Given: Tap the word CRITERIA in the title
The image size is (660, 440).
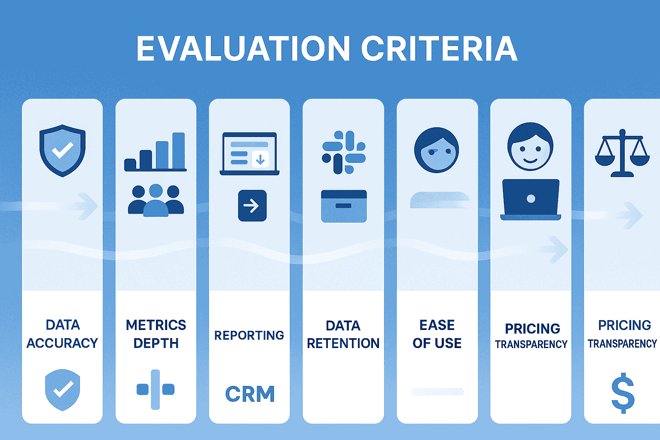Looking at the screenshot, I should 439,49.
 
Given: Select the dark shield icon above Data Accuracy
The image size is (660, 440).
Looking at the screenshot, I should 62,150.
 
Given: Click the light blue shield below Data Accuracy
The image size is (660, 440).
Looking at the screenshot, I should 63,389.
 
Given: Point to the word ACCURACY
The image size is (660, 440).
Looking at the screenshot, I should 62,343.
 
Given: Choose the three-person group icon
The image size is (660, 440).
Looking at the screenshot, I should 156,201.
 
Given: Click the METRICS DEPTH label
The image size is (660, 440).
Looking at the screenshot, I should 156,334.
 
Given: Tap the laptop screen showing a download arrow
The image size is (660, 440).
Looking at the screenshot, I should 249,153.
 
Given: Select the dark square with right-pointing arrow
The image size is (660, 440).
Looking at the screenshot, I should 252,206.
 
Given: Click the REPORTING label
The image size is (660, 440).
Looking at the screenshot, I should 249,335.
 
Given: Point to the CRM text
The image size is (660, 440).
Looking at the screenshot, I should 250,394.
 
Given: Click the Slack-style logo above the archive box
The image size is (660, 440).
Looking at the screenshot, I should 343,152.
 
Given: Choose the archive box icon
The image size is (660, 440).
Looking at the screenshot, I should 344,206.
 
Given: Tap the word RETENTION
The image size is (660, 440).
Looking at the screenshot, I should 343,343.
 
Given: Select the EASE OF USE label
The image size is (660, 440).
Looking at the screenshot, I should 437,334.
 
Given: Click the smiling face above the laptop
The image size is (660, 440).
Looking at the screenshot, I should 530,147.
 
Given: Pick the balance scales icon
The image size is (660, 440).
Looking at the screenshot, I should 622,153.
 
